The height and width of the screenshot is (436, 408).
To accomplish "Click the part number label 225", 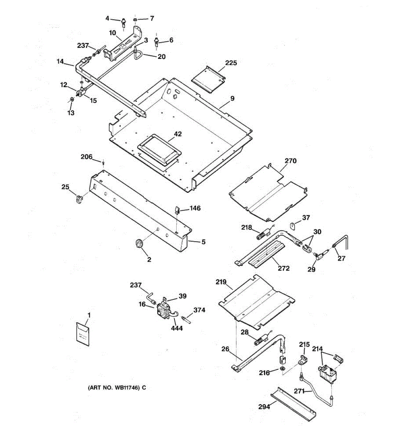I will (231, 63).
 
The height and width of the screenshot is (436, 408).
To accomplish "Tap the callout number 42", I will (178, 134).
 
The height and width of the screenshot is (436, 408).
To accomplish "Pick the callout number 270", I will (290, 161).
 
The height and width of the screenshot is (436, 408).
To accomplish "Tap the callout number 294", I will (264, 407).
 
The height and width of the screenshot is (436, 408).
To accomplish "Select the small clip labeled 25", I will (79, 199).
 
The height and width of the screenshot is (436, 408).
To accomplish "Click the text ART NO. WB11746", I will (117, 388).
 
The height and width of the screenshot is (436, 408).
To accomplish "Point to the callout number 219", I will (221, 282).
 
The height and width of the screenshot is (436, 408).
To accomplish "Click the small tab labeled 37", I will (293, 226).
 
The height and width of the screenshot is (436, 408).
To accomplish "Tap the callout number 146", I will (195, 208).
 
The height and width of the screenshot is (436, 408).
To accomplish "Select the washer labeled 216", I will (282, 369).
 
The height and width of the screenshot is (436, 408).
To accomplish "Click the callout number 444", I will (177, 328).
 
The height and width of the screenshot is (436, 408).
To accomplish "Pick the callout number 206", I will (86, 157).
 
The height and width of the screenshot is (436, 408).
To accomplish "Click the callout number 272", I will (284, 268).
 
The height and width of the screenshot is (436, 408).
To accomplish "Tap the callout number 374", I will (199, 310).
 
